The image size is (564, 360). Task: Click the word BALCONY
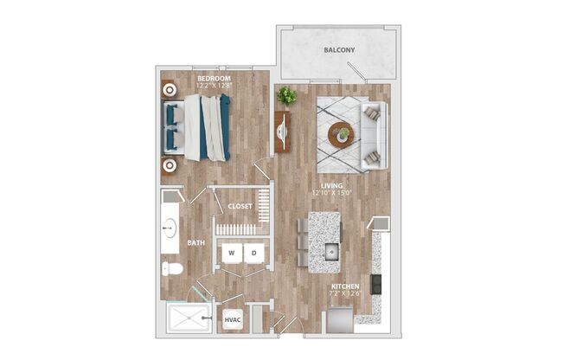point(339,50)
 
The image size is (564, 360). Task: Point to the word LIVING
point(331,185)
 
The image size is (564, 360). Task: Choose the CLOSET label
point(240,207)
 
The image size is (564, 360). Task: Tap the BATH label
point(195,243)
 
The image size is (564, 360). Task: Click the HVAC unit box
point(232,319)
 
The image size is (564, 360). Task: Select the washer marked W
point(232,253)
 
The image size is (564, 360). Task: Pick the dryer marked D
point(254,253)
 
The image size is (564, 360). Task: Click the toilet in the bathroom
point(172,268)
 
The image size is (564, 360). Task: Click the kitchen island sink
point(331,253)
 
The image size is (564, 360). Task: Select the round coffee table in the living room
point(341,135)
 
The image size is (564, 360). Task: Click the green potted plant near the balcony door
point(286,95)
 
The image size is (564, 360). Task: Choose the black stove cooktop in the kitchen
point(375,284)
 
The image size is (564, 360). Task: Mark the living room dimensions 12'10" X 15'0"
point(331,194)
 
